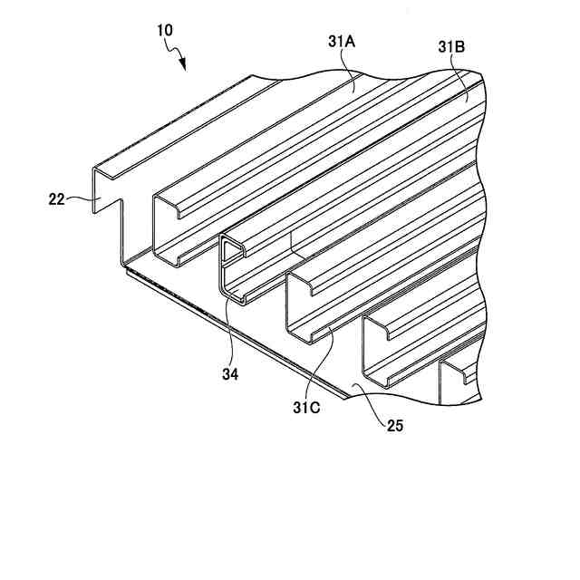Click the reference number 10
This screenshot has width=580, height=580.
click(x=165, y=30)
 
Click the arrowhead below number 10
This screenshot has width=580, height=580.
click(x=185, y=63)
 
